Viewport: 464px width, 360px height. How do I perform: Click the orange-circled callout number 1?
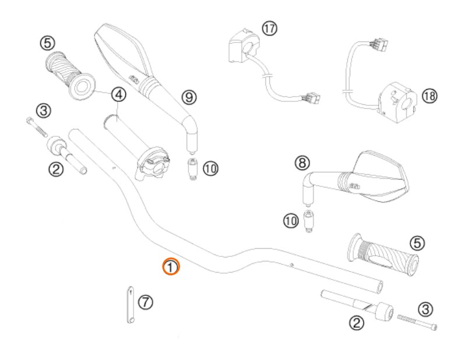coord(171,267)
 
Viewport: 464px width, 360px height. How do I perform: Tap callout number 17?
coord(269,29)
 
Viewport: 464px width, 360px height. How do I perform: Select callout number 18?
coord(430,96)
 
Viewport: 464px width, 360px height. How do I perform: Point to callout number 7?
coord(146,302)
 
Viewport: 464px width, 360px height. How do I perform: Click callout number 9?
coord(189,97)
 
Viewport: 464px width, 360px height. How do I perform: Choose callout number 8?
coord(303,163)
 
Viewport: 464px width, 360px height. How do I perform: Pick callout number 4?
coord(119,94)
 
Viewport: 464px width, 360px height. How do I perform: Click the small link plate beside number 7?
coord(131,305)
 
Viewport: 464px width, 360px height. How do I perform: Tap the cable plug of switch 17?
coord(311,98)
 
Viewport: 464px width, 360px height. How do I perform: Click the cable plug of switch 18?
coord(378,44)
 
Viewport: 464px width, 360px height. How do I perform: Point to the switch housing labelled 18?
coord(398,102)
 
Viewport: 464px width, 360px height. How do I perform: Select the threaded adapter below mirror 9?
coord(192,169)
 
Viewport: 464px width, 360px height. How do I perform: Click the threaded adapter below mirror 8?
coord(308,221)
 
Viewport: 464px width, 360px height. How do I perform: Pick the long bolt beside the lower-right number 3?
coord(417,322)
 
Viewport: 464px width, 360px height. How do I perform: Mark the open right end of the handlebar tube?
coord(379,287)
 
